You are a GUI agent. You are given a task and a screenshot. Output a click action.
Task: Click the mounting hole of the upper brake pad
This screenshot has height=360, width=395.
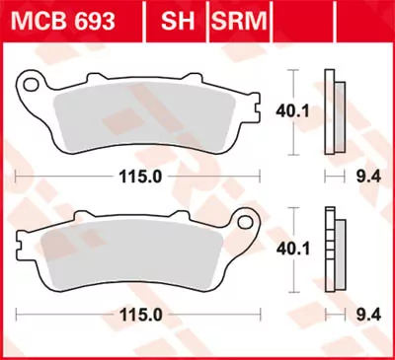[x=33, y=84]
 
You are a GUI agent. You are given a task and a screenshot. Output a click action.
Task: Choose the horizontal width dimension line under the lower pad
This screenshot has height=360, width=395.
[x=59, y=318]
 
